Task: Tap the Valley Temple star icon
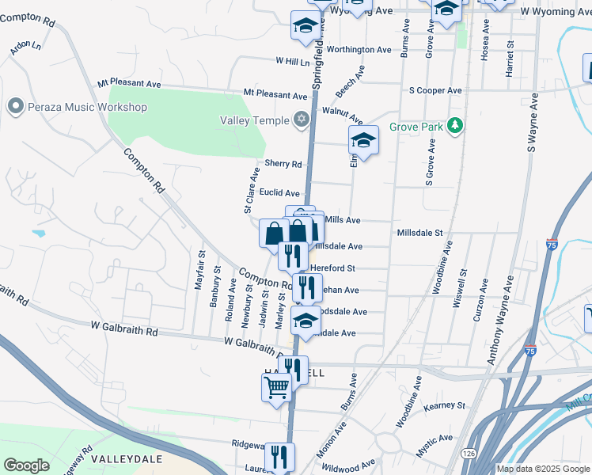point(301,120)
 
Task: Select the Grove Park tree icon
point(454,126)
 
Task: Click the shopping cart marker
point(276,387)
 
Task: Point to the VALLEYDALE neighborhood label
point(127,459)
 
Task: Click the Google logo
point(27,465)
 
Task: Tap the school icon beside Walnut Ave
point(363,140)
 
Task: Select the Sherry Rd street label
point(284,165)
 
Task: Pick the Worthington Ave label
point(359,49)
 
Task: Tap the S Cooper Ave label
point(435,90)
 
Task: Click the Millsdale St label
point(419,233)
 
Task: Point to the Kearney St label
point(445,406)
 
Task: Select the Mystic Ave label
point(435,437)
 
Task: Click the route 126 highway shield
point(469,453)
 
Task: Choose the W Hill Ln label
point(293,61)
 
